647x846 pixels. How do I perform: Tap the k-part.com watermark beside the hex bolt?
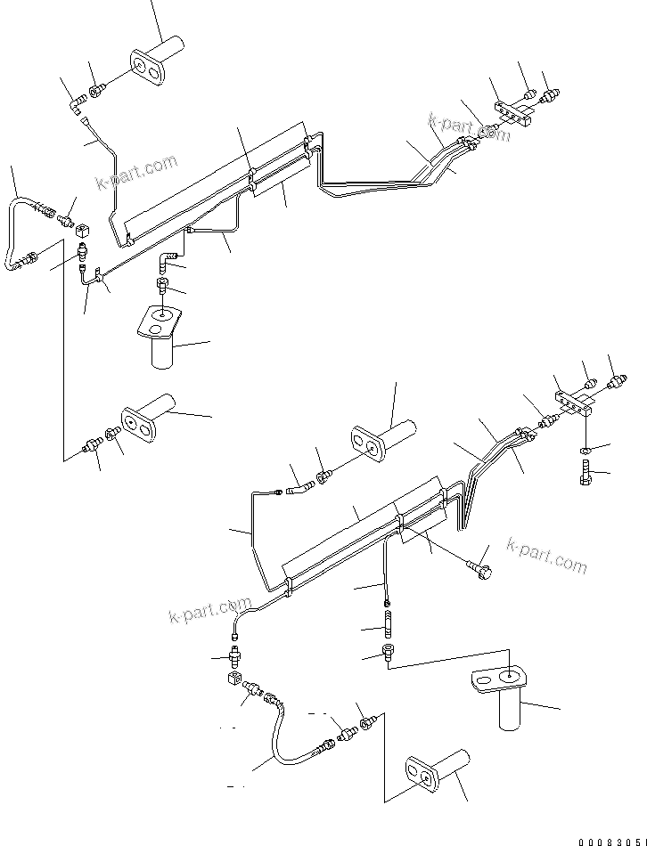tap(546, 555)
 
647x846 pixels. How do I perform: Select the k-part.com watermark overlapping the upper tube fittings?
tap(469, 126)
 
